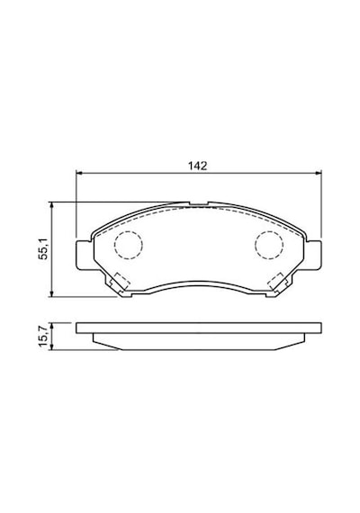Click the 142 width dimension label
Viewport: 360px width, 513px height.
pos(197,166)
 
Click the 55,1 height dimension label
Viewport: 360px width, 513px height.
pos(43,248)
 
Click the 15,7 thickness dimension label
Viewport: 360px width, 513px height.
pos(43,336)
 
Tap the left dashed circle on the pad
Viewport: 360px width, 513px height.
pos(129,245)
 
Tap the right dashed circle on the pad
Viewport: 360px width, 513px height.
pos(269,245)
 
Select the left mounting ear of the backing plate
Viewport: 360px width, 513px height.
pos(84,256)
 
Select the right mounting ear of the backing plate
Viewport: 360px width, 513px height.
pos(313,256)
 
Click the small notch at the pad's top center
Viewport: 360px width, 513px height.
pos(199,203)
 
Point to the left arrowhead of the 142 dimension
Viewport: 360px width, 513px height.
pos(78,174)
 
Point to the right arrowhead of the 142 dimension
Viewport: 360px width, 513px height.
pos(319,174)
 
